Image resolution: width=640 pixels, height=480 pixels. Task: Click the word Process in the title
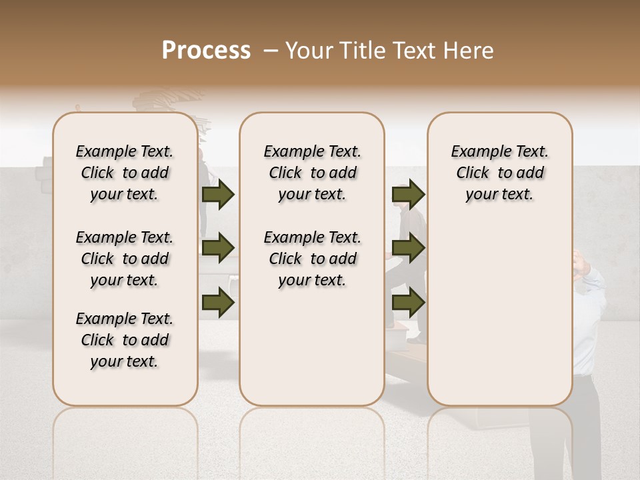(x=206, y=51)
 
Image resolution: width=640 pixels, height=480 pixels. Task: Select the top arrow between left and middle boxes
(x=217, y=195)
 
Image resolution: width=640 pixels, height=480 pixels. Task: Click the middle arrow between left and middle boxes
(x=217, y=249)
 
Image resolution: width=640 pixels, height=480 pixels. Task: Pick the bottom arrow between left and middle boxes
(x=217, y=303)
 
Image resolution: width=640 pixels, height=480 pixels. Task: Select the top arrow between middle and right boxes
(x=408, y=195)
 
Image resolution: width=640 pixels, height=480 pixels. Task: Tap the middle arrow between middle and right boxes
(x=408, y=249)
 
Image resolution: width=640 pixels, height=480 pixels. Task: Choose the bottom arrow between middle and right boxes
(x=408, y=303)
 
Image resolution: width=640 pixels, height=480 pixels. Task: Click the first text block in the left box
(x=125, y=173)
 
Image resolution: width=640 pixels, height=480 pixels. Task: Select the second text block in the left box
(x=125, y=259)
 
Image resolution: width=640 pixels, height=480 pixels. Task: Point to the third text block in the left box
(x=125, y=340)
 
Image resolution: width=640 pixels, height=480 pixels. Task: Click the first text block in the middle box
(x=312, y=173)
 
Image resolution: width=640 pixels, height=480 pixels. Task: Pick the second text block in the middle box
(x=312, y=259)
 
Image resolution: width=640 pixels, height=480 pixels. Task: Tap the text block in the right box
(x=500, y=173)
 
